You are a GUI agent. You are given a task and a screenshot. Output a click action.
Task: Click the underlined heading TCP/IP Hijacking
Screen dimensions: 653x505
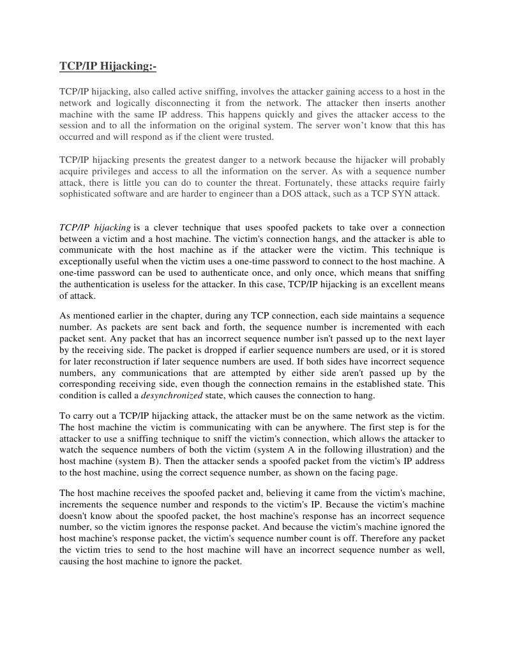point(107,66)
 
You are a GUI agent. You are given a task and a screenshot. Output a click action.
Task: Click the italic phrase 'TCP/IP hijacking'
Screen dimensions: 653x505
point(95,228)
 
